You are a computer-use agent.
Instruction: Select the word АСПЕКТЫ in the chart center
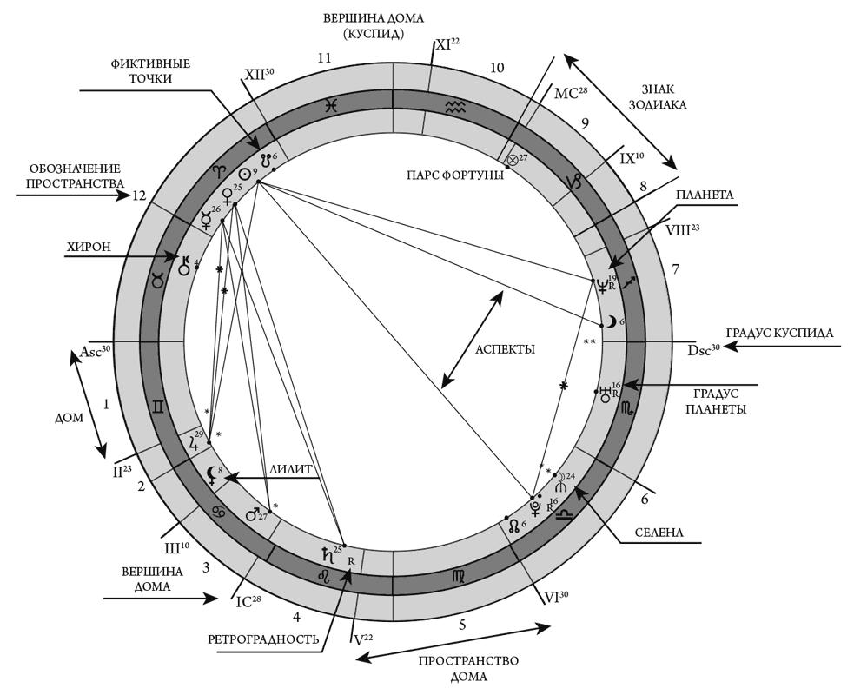tap(505, 349)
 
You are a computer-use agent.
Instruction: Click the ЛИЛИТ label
tap(293, 467)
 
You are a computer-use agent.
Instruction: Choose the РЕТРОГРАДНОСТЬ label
tap(263, 639)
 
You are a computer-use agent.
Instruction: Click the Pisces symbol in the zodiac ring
tap(332, 106)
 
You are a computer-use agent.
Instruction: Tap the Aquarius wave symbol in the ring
tap(455, 106)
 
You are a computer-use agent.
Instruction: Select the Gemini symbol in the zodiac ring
tap(160, 407)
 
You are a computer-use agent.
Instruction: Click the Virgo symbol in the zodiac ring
tap(458, 577)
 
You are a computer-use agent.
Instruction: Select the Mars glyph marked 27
tap(253, 514)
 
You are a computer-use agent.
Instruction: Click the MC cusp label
tap(566, 95)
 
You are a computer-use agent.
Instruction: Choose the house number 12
tap(138, 195)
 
